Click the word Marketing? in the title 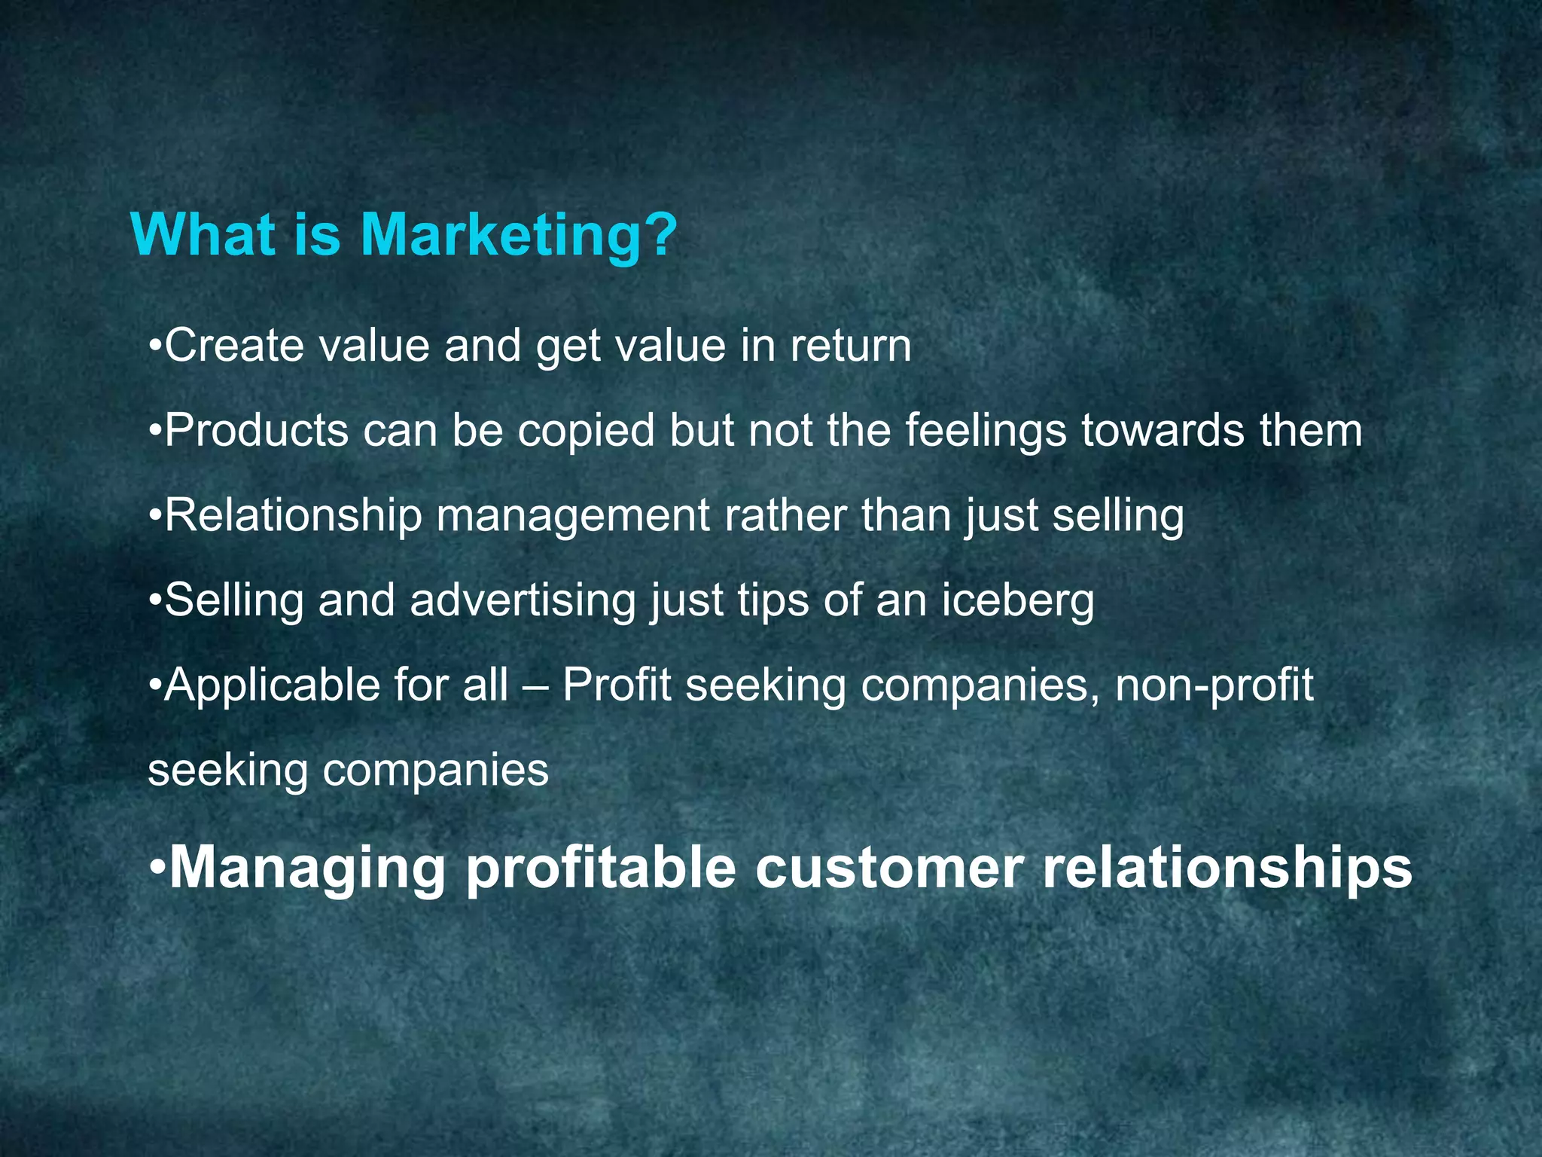click(x=520, y=237)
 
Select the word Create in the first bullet click(x=234, y=346)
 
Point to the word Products click(x=256, y=431)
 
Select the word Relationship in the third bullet click(x=293, y=517)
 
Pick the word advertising click(x=523, y=602)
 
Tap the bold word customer click(x=888, y=869)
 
